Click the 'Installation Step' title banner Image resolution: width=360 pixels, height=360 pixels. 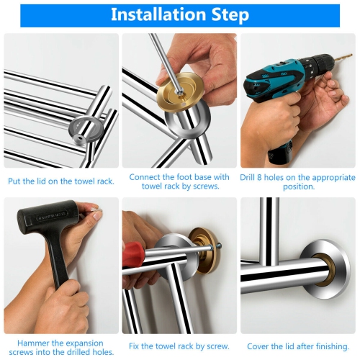tap(180, 15)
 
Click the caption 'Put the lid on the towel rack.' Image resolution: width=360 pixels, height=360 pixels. tap(61, 181)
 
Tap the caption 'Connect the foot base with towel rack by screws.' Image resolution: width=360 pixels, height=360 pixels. tap(179, 181)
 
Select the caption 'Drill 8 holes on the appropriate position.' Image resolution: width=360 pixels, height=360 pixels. tap(298, 181)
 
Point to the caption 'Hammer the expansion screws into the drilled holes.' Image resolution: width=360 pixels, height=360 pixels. tap(60, 347)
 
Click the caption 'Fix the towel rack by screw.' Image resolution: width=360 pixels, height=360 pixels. tap(179, 346)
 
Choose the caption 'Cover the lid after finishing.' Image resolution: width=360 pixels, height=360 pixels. tap(298, 346)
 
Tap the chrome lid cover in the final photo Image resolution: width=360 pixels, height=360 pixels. tap(324, 270)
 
